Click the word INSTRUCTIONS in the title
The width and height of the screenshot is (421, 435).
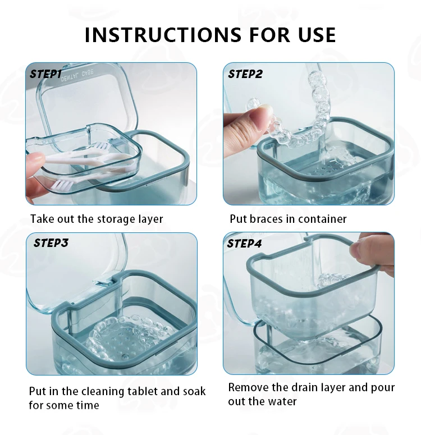click(163, 35)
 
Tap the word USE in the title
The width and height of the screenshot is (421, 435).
click(317, 35)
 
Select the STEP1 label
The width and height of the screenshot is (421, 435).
click(45, 74)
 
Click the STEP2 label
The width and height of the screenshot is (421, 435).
click(245, 74)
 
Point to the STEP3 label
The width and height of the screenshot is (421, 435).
click(51, 243)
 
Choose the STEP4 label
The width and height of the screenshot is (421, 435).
click(244, 244)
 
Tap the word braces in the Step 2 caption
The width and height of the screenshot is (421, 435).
click(267, 219)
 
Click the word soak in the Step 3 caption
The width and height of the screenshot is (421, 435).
click(194, 391)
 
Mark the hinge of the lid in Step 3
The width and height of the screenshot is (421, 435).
click(105, 282)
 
